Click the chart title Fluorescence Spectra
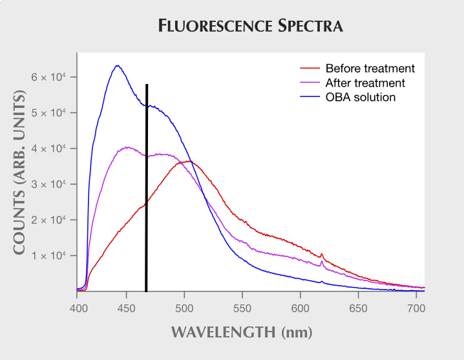(250, 25)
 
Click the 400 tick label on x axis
(78, 308)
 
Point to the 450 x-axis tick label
(127, 308)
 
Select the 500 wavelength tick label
(184, 308)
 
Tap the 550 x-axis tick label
(242, 308)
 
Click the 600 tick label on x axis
(300, 308)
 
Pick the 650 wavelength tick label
(358, 308)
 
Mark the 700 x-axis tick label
(416, 308)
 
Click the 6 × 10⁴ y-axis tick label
(48, 78)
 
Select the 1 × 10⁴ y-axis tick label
(48, 255)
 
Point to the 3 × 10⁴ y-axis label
(48, 184)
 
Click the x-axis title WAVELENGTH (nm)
(242, 332)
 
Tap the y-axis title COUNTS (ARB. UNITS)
(19, 172)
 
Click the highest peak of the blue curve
(118, 65)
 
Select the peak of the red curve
(189, 162)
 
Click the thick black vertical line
(147, 188)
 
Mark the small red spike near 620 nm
(322, 255)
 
